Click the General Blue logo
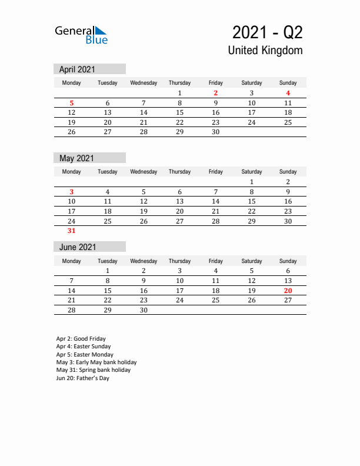(81, 35)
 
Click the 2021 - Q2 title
(268, 32)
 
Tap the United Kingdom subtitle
(265, 50)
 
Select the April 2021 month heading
(77, 69)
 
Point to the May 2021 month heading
(76, 158)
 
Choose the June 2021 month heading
(77, 247)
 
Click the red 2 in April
(216, 93)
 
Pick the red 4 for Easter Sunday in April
(288, 93)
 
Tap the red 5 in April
(72, 103)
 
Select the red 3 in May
(72, 192)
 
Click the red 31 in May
(72, 231)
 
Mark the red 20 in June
(288, 291)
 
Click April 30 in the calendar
(216, 132)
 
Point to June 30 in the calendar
(144, 310)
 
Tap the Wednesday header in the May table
(144, 172)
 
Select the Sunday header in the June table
(288, 261)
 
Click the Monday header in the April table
(72, 83)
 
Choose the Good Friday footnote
(81, 339)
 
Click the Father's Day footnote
(83, 378)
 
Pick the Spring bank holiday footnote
(94, 370)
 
